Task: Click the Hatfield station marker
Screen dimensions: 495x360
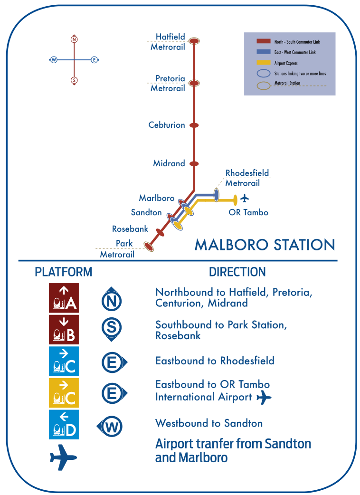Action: (194, 41)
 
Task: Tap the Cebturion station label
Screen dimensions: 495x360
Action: (167, 125)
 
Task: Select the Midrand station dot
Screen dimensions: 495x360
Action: (194, 164)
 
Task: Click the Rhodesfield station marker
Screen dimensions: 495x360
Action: (216, 194)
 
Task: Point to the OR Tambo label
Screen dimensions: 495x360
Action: (248, 212)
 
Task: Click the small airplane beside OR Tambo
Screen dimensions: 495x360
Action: (245, 198)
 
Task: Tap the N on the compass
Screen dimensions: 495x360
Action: (74, 39)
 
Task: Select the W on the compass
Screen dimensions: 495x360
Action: (54, 60)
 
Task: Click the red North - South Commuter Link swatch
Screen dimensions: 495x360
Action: (264, 42)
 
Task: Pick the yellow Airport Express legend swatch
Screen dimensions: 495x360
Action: (264, 63)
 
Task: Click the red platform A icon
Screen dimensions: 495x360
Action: (64, 298)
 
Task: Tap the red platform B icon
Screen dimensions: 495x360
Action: (64, 329)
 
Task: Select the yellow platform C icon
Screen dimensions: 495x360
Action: (64, 393)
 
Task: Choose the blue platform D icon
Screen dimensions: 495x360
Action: (64, 424)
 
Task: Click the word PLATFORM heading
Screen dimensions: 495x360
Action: (64, 272)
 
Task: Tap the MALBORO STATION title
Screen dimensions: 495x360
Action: (265, 245)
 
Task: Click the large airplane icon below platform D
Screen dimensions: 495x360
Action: (63, 457)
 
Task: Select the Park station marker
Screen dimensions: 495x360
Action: (149, 246)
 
